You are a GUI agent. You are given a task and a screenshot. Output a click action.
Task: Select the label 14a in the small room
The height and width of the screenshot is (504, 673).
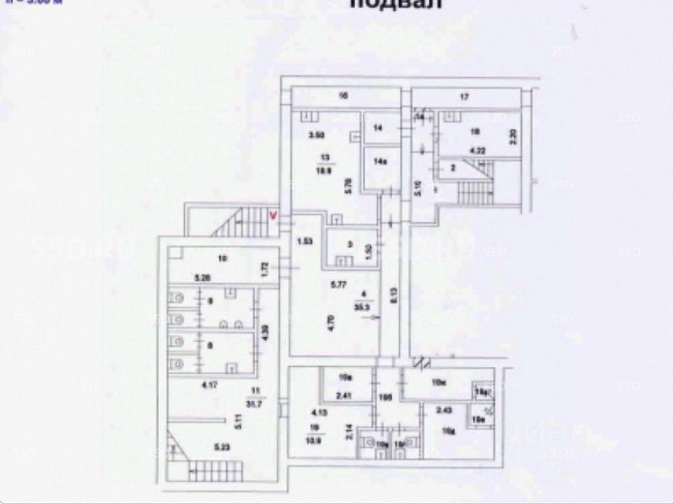click(380, 162)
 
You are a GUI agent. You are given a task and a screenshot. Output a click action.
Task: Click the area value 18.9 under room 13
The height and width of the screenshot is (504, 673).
click(326, 171)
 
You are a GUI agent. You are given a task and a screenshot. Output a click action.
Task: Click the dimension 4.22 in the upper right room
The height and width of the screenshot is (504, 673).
click(477, 151)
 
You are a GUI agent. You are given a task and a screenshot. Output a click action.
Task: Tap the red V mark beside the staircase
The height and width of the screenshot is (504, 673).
click(273, 216)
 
